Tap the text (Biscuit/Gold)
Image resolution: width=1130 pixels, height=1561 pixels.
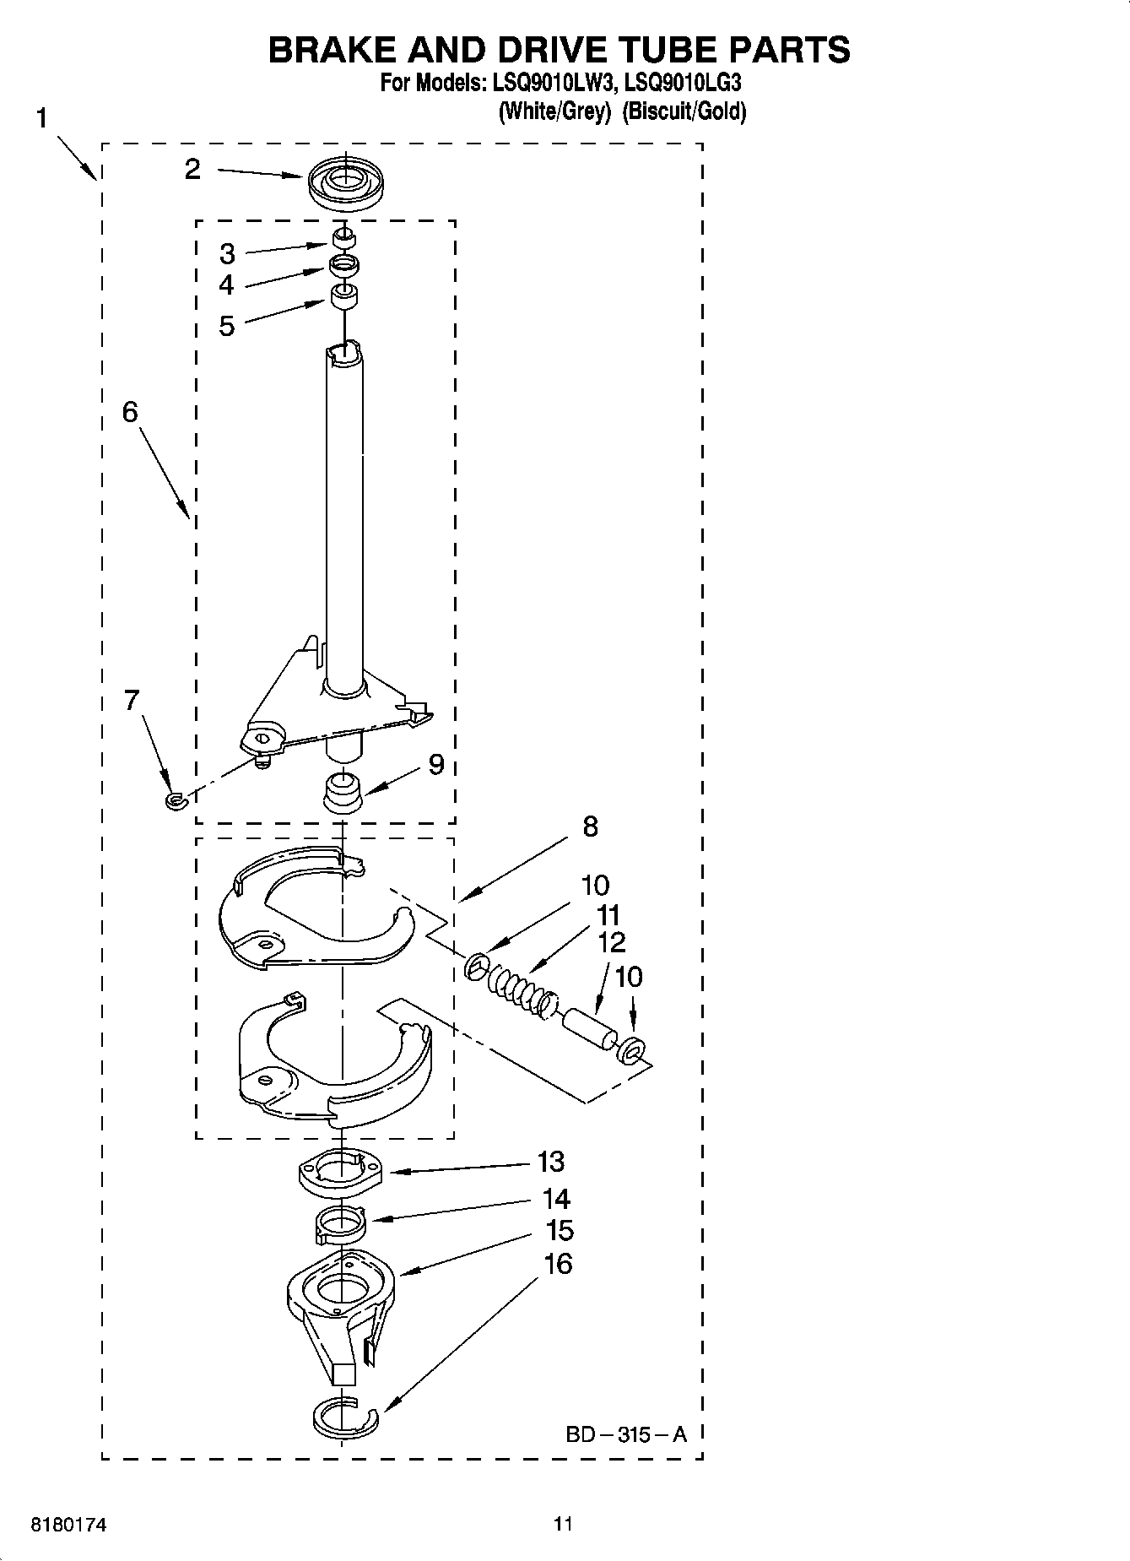click(684, 111)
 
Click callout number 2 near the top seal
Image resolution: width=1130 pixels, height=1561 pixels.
click(193, 170)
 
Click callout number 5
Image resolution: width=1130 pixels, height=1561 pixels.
click(226, 325)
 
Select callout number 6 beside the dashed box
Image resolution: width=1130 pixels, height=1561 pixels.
click(130, 412)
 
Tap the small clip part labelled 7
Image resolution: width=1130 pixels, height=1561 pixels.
click(175, 799)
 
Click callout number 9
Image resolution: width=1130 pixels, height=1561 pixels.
click(435, 764)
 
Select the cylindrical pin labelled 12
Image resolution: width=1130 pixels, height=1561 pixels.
click(589, 1029)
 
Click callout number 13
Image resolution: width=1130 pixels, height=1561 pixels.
click(550, 1162)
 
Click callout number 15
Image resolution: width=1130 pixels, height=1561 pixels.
click(560, 1230)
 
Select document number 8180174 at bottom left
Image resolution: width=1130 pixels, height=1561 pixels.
click(68, 1526)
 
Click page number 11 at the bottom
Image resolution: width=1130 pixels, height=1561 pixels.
click(563, 1524)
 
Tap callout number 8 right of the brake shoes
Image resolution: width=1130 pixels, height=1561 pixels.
click(590, 826)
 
